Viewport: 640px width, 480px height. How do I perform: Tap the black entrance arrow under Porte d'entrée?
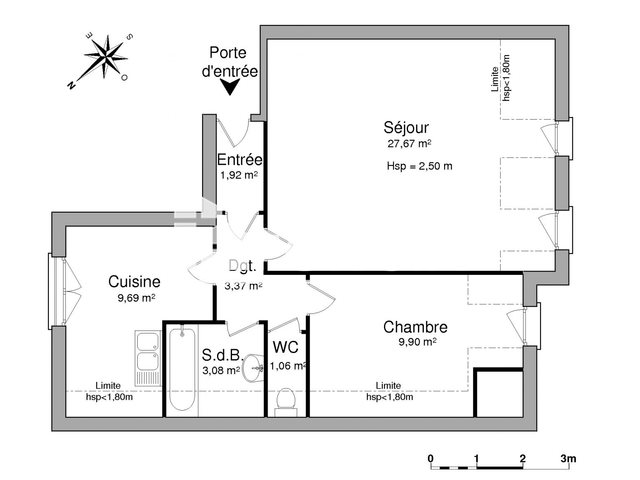[232, 89]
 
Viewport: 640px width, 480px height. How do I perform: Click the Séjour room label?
[406, 127]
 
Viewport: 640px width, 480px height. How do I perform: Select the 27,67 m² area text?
[409, 144]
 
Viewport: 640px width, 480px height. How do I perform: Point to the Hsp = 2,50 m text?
[419, 166]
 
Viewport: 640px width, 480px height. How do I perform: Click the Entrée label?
[240, 160]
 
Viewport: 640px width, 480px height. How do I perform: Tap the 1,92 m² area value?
[239, 176]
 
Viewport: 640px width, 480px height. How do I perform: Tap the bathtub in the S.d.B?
[182, 369]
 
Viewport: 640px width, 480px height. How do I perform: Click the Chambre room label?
[415, 327]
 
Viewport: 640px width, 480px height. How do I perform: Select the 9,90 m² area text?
[414, 343]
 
